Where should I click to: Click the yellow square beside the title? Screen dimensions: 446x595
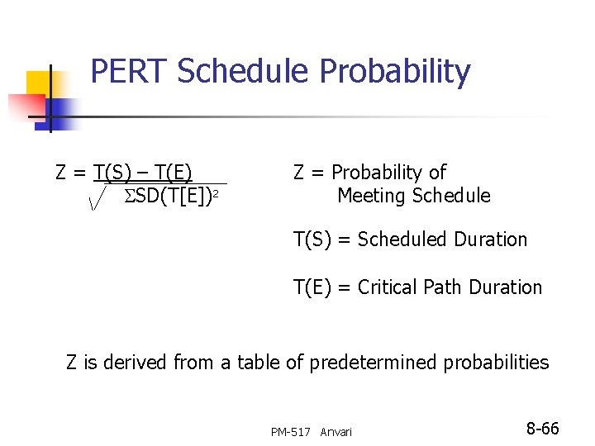click(x=40, y=83)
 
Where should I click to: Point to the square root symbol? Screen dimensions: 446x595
click(x=98, y=197)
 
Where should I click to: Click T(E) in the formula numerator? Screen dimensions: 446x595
click(x=173, y=173)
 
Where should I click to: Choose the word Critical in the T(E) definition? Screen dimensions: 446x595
click(x=389, y=287)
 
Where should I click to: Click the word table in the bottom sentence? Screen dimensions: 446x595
click(x=259, y=363)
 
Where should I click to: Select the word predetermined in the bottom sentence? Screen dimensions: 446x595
click(x=374, y=363)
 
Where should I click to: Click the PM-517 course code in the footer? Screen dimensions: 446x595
click(x=291, y=432)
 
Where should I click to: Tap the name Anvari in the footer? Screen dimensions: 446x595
click(x=336, y=432)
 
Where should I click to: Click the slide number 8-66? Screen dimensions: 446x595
click(x=543, y=429)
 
